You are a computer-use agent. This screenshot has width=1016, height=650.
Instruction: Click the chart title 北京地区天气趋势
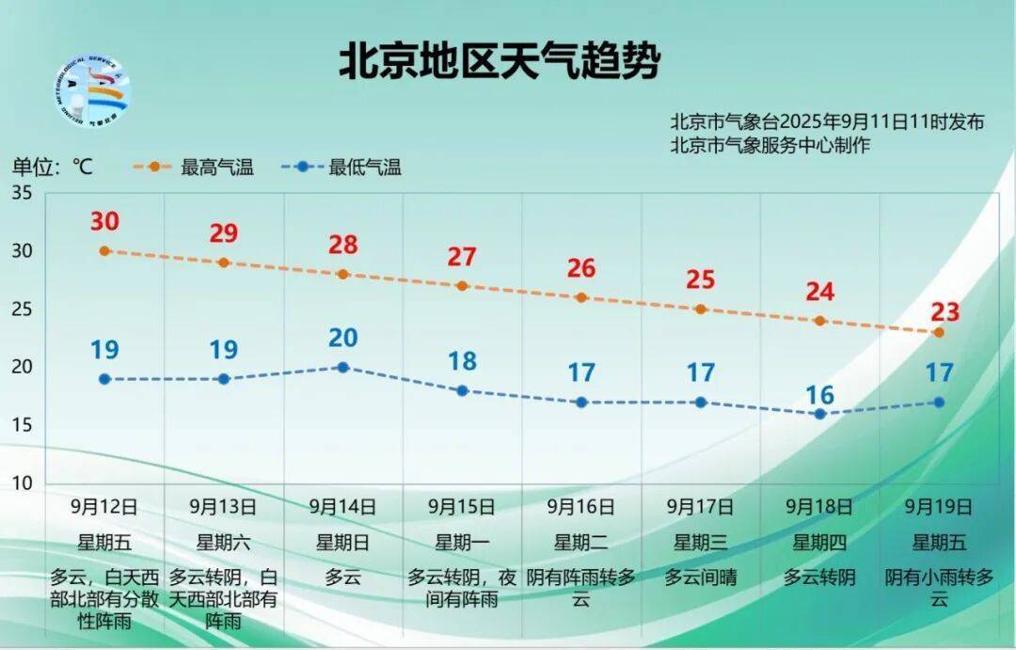click(500, 61)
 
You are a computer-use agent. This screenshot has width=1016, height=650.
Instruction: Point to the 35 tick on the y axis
click(22, 193)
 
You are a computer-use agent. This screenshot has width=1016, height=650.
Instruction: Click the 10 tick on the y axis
click(22, 484)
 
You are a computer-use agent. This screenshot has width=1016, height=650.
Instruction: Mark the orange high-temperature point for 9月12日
click(104, 251)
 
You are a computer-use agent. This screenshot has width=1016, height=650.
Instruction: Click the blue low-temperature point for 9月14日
click(342, 367)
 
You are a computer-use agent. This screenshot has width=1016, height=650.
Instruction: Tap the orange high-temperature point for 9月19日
click(938, 332)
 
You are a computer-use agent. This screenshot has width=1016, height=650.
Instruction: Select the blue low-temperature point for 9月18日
click(819, 414)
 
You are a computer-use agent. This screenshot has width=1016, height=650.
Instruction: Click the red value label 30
click(104, 222)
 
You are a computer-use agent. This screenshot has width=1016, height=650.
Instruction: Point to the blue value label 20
click(342, 338)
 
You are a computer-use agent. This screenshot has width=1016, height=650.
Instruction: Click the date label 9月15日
click(462, 507)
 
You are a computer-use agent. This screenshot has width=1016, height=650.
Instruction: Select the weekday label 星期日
click(342, 542)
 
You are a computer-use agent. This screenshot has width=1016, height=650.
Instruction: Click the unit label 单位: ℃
click(53, 167)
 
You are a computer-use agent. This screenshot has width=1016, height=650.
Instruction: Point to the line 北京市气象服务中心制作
click(770, 145)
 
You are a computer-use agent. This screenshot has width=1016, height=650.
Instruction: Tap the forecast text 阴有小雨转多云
click(938, 588)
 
